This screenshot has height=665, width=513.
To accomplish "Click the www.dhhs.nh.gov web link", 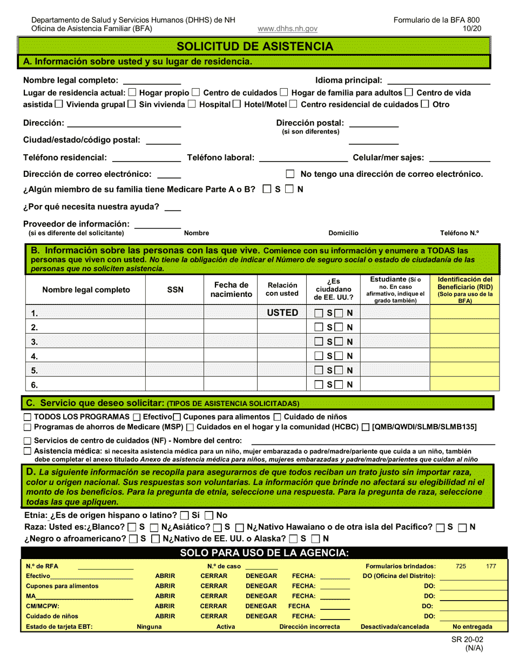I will pyautogui.click(x=287, y=29).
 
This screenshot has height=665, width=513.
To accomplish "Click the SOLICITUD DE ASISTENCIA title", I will pyautogui.click(x=255, y=46).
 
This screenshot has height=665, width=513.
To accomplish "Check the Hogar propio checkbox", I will pyautogui.click(x=133, y=92).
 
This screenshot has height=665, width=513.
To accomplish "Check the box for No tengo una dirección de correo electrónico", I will pyautogui.click(x=291, y=174).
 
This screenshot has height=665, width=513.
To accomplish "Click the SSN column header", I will pyautogui.click(x=175, y=290).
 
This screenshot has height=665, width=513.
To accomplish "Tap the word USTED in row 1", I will pyautogui.click(x=282, y=312).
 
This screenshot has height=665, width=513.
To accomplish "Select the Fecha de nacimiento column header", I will pyautogui.click(x=231, y=290).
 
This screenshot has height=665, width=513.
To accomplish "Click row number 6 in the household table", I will pyautogui.click(x=35, y=385).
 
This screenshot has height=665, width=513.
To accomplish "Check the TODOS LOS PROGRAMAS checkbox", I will pyautogui.click(x=28, y=417).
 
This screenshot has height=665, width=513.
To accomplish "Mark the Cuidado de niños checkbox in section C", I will pyautogui.click(x=277, y=417).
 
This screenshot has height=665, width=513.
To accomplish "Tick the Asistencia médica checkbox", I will pyautogui.click(x=28, y=451).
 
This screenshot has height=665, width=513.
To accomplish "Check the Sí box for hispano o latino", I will pyautogui.click(x=185, y=516).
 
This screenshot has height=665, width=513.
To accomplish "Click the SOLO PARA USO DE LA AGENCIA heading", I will pyautogui.click(x=264, y=553).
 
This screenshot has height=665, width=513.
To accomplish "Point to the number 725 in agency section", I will pyautogui.click(x=461, y=566).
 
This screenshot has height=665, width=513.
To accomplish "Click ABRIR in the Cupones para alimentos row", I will pyautogui.click(x=165, y=586).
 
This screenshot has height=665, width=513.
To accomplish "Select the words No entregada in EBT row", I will pyautogui.click(x=473, y=627).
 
